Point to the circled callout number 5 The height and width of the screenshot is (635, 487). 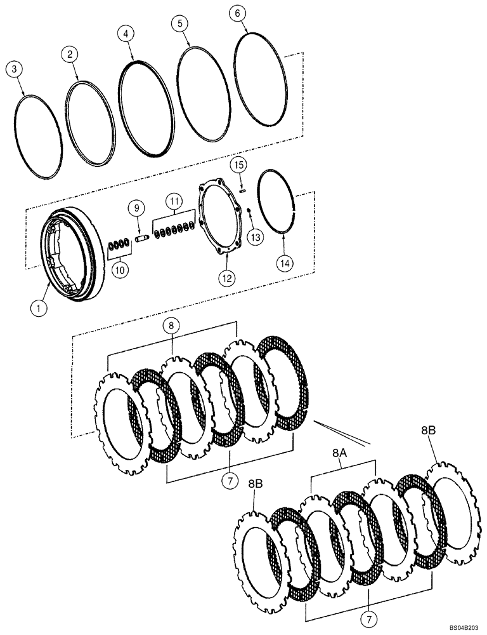click(x=181, y=24)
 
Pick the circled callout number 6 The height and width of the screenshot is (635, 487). click(x=237, y=13)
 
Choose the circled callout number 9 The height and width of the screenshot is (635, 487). click(x=134, y=208)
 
